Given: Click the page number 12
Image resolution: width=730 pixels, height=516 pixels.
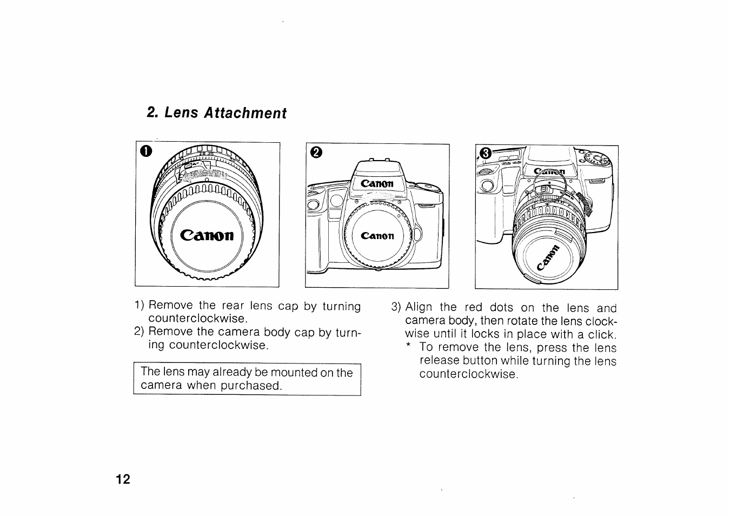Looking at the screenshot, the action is (x=123, y=480).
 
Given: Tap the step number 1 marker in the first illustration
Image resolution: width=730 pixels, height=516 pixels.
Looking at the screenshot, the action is (x=144, y=151).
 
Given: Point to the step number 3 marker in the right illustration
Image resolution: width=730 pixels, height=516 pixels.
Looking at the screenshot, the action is (x=485, y=154).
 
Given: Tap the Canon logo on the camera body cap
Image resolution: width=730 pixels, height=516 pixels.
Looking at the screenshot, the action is (x=378, y=236).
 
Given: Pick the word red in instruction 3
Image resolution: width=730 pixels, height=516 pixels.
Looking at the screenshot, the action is (x=474, y=308).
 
